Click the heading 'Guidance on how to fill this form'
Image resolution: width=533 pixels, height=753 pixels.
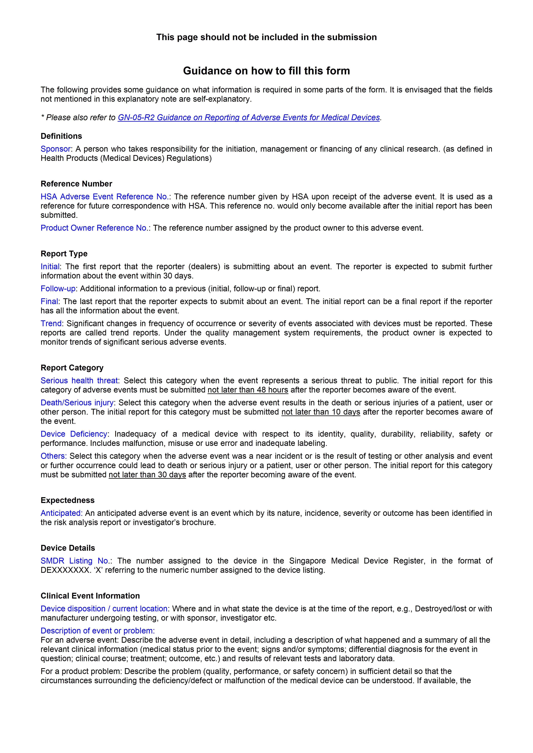click(x=266, y=71)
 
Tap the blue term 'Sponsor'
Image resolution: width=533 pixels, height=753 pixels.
click(x=55, y=149)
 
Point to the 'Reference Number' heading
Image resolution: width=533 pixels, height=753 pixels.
click(x=76, y=184)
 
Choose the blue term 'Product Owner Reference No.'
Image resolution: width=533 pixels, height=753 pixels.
click(x=94, y=228)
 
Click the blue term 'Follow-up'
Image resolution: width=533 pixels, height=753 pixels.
click(x=58, y=289)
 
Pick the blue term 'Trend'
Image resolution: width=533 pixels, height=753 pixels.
click(x=51, y=323)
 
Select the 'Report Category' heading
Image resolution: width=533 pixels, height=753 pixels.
click(x=72, y=368)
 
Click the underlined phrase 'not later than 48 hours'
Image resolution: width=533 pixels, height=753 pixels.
click(x=248, y=390)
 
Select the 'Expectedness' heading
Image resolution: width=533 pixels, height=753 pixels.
click(x=67, y=500)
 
